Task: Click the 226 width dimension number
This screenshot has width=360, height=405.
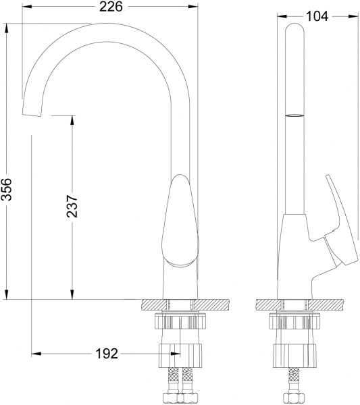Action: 111,7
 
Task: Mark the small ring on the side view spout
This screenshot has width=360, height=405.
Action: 294,115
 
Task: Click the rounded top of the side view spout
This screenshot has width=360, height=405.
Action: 294,30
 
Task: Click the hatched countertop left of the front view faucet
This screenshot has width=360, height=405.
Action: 153,305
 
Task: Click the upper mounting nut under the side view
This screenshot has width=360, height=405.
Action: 294,322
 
